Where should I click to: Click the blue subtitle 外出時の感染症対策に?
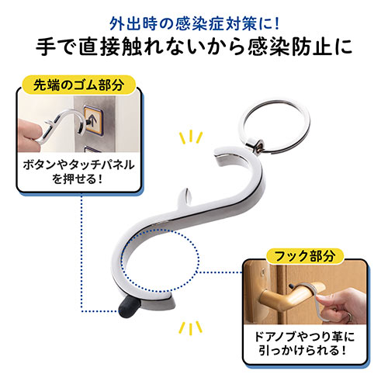(194, 16)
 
